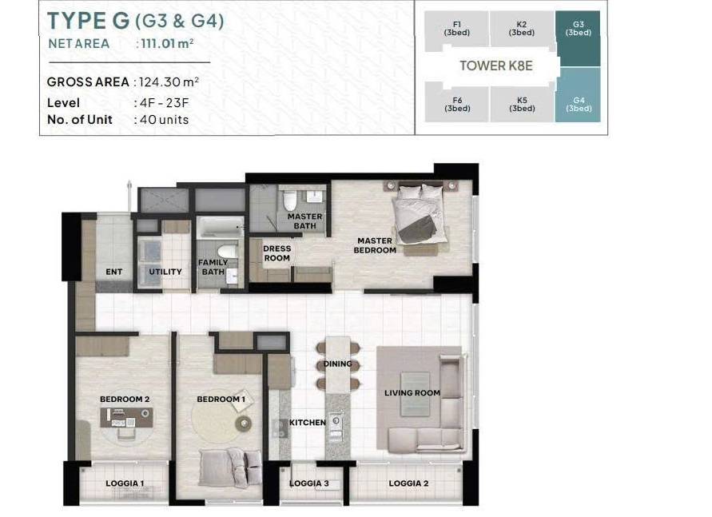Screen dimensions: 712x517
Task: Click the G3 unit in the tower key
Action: coord(578,38)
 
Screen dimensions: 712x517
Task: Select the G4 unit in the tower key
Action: coord(578,95)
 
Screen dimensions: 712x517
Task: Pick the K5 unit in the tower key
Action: coord(522,104)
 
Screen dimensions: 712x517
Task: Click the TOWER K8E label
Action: coord(496,66)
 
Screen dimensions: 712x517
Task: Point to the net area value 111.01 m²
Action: coord(168,44)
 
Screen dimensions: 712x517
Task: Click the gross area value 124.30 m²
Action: coord(169,82)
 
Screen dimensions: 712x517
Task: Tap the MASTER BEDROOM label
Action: coord(375,245)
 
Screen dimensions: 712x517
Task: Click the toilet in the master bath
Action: coord(290,200)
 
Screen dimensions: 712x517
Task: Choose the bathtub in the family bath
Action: coord(221,226)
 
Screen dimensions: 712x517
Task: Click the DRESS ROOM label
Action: coord(277,253)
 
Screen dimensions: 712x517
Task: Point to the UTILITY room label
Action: coord(165,272)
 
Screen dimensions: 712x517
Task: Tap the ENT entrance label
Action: coord(114,272)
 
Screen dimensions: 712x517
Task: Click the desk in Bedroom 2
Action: coord(126,417)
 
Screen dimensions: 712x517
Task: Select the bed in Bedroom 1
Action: coord(230,468)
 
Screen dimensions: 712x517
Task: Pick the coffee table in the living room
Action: coord(415,393)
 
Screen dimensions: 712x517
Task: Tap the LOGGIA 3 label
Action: coord(308,483)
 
